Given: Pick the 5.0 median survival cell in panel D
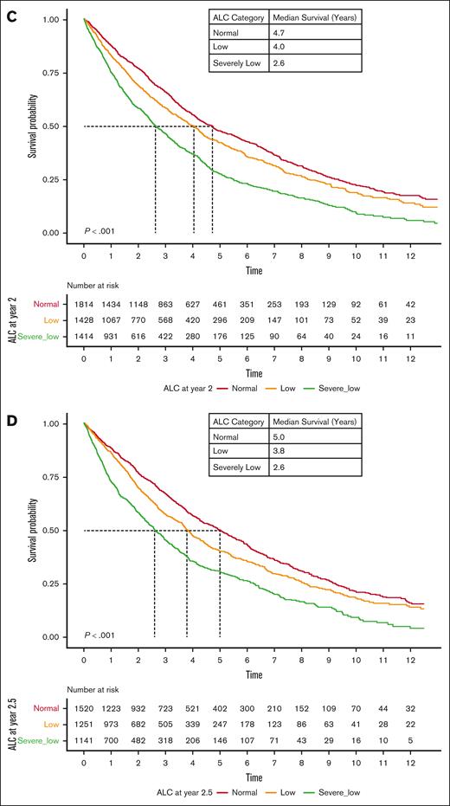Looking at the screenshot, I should point(281,443).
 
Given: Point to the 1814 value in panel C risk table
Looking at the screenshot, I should point(84,304).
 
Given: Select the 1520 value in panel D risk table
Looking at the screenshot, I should point(84,708).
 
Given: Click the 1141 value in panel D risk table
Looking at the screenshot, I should point(84,742).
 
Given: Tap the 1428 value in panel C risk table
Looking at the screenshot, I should point(84,320).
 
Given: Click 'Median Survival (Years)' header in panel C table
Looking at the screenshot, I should point(314,17).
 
